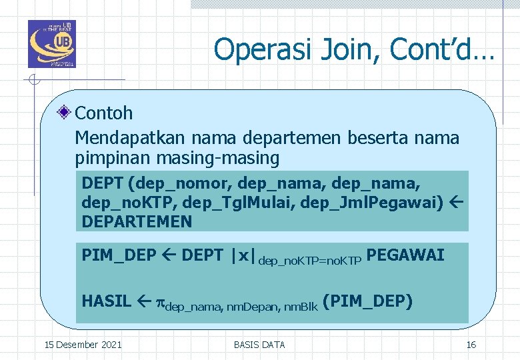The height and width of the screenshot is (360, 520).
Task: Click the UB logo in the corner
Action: [x=52, y=44]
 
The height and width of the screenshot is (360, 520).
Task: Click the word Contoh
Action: [x=104, y=113]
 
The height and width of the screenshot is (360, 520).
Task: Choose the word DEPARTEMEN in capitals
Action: [x=137, y=221]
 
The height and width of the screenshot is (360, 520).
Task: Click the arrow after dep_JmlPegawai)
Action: [x=456, y=202]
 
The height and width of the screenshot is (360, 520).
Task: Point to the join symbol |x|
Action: [x=243, y=255]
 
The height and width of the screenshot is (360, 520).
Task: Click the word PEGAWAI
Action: [x=405, y=255]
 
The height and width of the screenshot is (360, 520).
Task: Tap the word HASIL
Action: [x=106, y=301]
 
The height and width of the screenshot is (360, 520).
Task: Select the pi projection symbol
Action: [x=160, y=302]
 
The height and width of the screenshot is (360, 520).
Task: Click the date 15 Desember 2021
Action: [x=83, y=345]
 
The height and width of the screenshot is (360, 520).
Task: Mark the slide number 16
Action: [x=471, y=345]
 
